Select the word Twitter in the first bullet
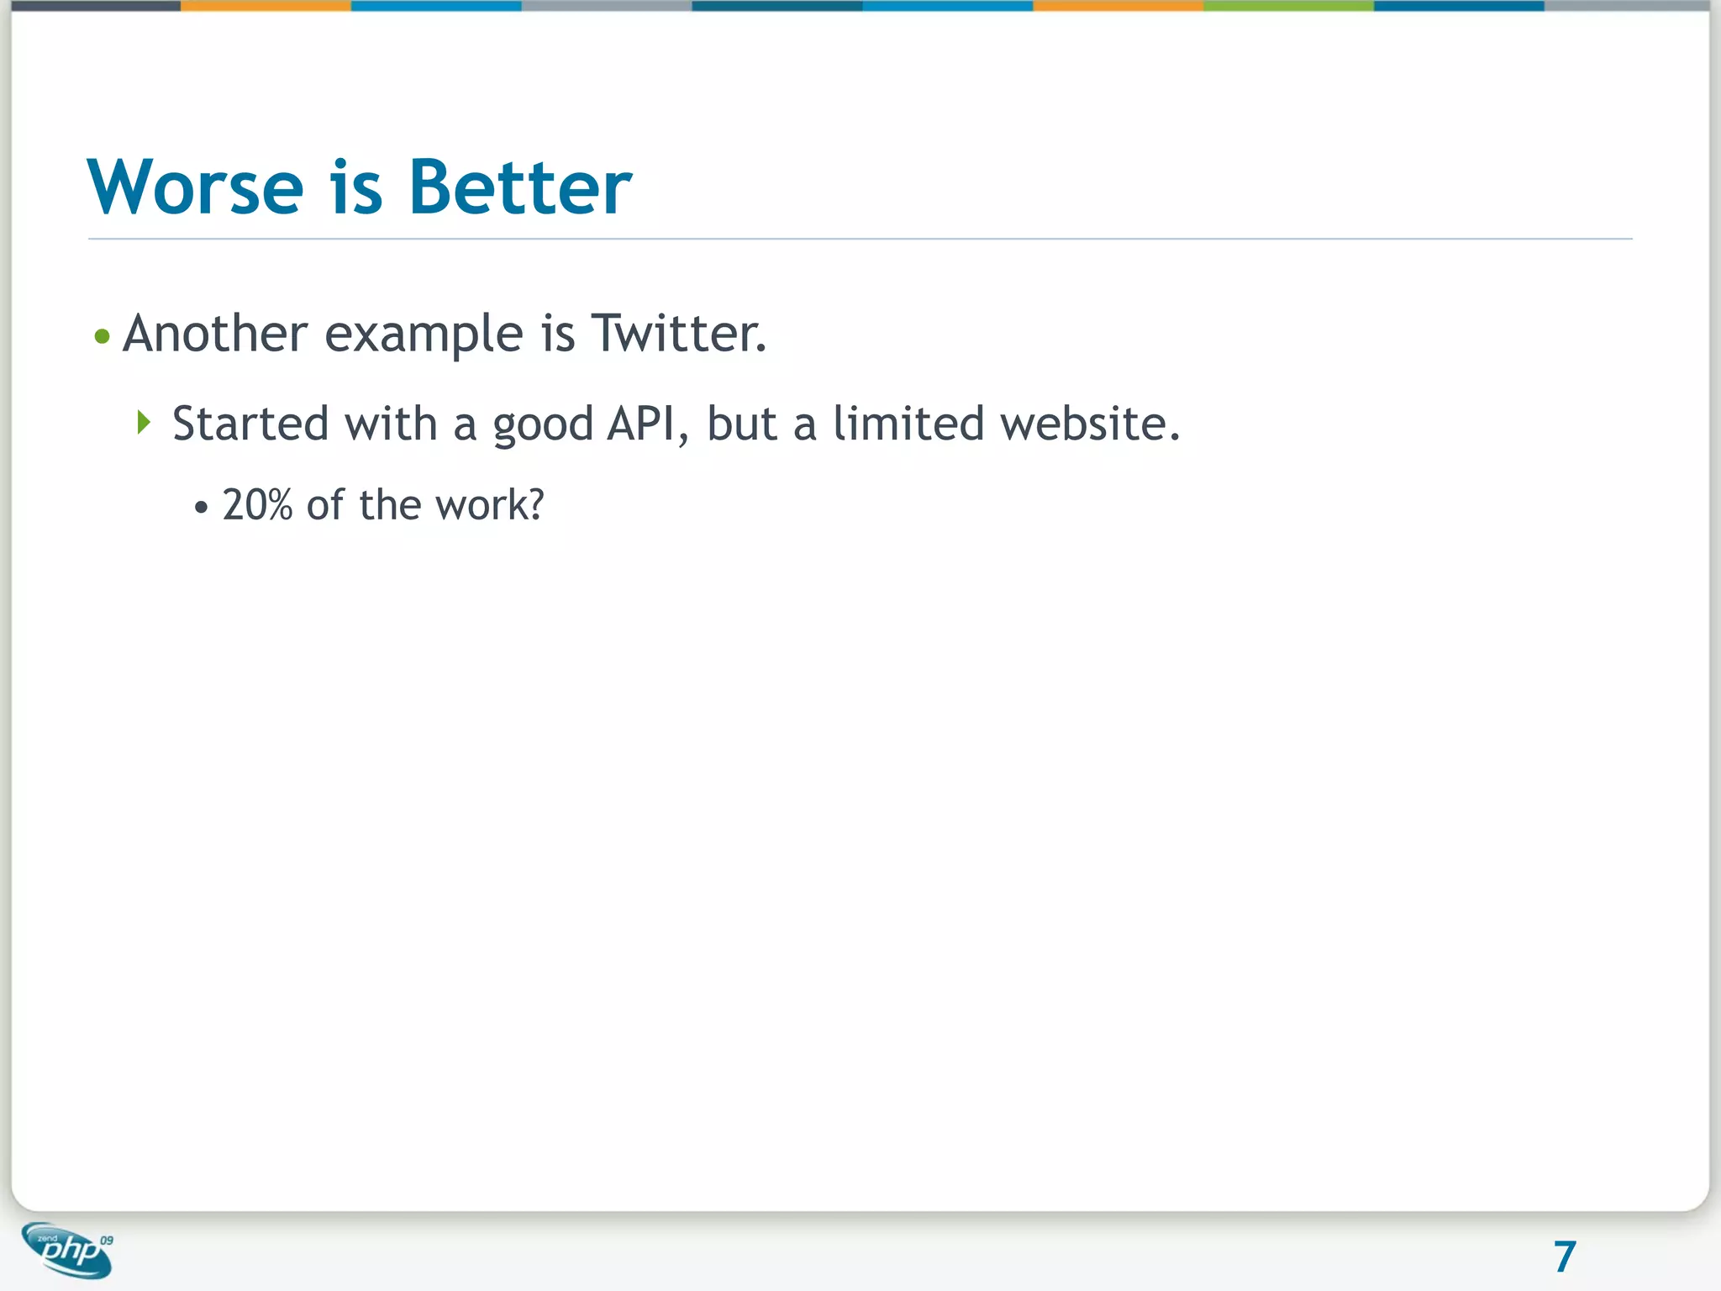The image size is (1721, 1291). coord(678,333)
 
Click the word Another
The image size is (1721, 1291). coord(215,333)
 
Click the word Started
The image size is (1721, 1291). coord(250,423)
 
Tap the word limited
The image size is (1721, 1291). coord(908,423)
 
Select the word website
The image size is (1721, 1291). coord(1090,423)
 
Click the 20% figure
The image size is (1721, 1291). coord(257,505)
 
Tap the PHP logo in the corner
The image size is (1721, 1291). coord(67,1250)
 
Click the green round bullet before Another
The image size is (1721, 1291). coord(103,337)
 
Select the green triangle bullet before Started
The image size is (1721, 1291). coord(144,422)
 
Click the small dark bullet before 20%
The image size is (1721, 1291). coord(201,508)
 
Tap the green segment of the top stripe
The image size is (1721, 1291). coord(1288,5)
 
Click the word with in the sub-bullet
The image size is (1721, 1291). coord(391,423)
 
